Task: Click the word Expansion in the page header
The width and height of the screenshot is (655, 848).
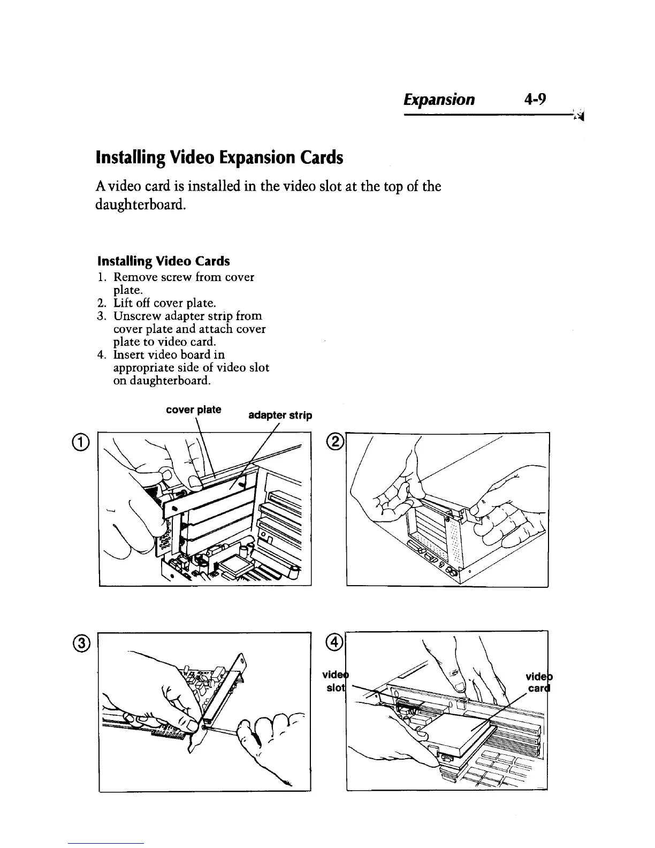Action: [x=439, y=100]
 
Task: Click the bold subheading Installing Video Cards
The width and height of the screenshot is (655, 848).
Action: [x=163, y=261]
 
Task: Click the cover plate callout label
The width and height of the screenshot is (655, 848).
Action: [x=193, y=410]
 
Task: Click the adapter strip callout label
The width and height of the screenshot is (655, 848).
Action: [x=280, y=415]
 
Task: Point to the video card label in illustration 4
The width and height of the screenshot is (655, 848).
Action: [x=537, y=681]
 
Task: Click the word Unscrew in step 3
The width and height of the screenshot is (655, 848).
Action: [x=133, y=316]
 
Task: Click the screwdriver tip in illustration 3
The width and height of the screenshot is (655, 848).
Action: [x=208, y=728]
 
